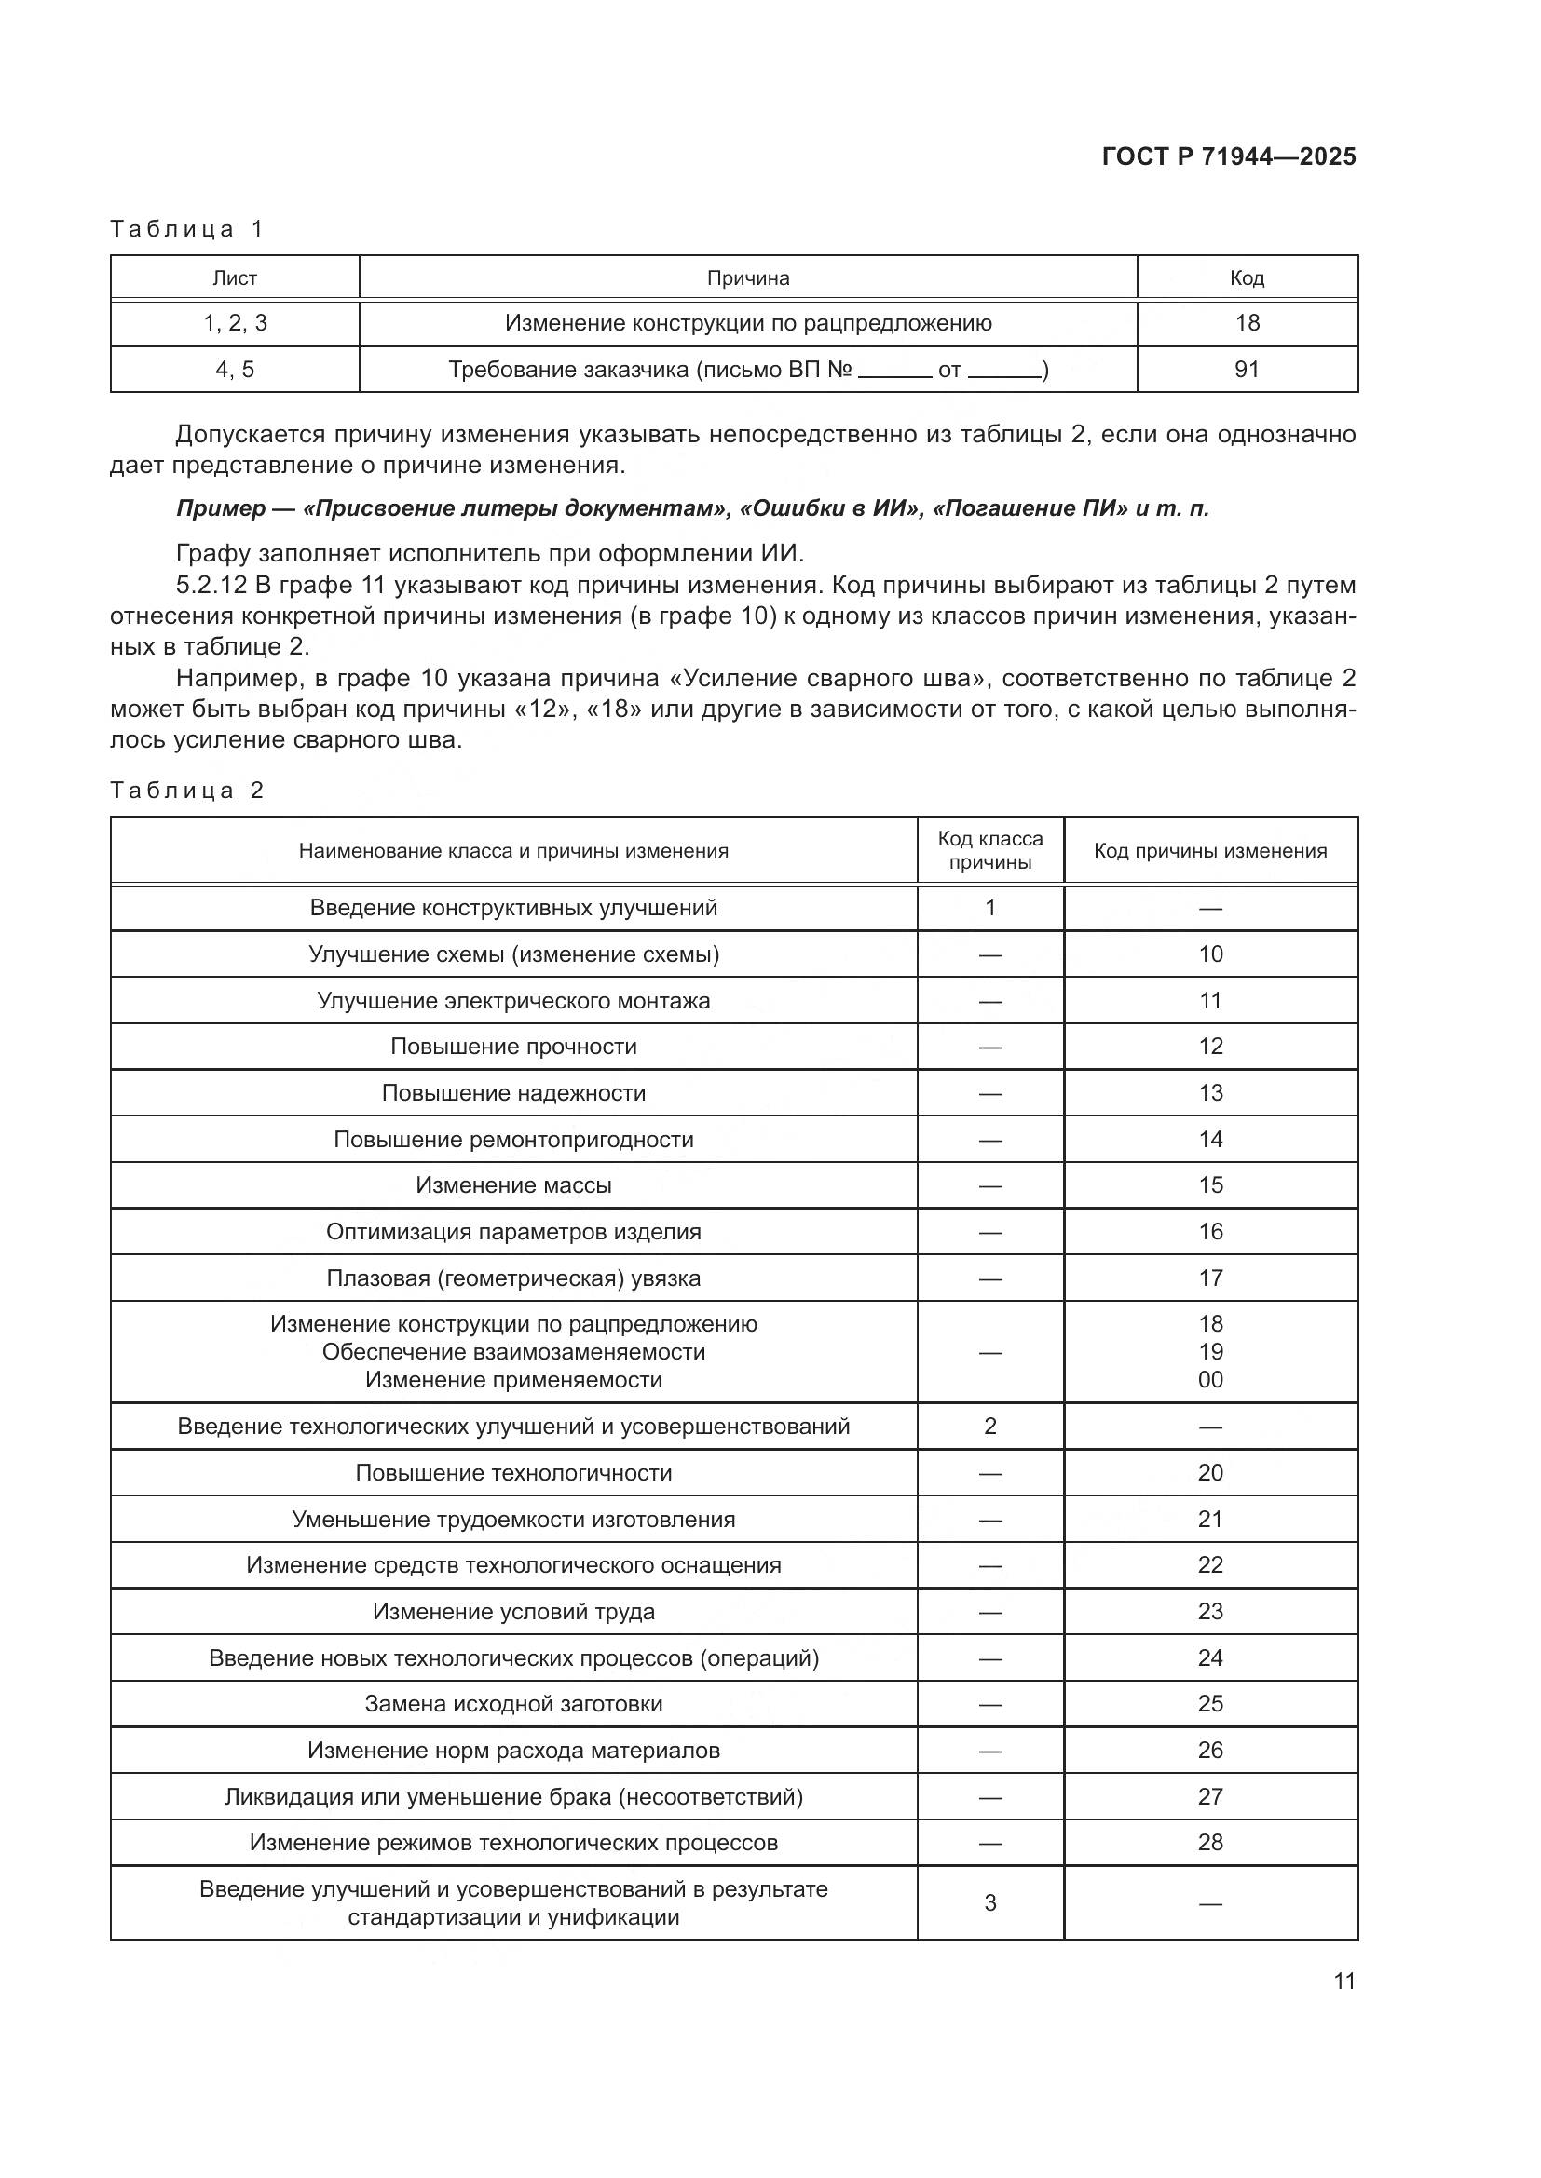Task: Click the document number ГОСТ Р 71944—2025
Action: (1229, 156)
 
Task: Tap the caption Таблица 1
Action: (186, 229)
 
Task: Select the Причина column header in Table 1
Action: (748, 277)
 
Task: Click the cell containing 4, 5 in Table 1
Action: (235, 369)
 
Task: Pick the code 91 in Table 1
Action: (1246, 369)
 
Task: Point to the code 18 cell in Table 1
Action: (1246, 322)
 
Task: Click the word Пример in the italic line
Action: (220, 508)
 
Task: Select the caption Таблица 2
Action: (186, 791)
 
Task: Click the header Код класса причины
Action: (989, 850)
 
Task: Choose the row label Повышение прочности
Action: (513, 1047)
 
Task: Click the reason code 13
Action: (1210, 1093)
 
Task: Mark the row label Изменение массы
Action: (513, 1184)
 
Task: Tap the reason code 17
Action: (1210, 1278)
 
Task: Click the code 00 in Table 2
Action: (1210, 1379)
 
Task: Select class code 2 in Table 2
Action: (989, 1426)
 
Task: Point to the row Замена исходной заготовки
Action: (513, 1704)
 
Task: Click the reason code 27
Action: (1210, 1796)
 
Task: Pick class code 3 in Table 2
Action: (989, 1903)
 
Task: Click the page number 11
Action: (1343, 1982)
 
